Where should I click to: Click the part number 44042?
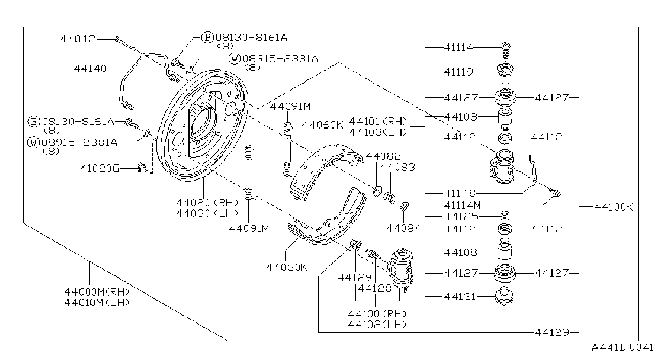pos(78,39)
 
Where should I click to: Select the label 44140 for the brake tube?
pos(90,69)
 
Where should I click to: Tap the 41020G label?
pos(100,168)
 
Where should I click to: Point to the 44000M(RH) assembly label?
pos(97,292)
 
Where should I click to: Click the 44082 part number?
pos(383,156)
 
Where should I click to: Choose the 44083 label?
pos(398,167)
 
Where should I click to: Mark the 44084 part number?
pos(404,228)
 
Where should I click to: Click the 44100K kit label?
pos(614,207)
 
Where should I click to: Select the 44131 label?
pos(460,297)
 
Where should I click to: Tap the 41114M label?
pos(463,205)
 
